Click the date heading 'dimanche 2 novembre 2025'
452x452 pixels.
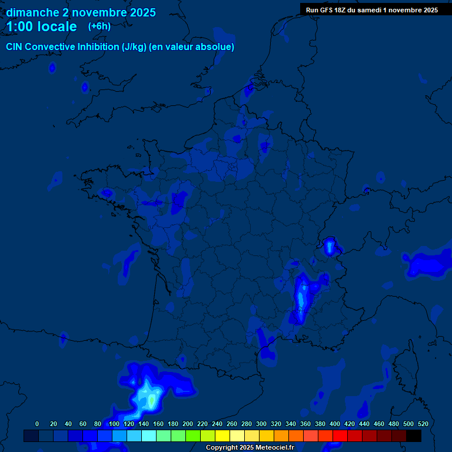click(x=81, y=12)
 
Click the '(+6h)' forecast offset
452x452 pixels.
click(x=99, y=26)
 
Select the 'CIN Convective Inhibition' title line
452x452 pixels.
click(x=120, y=47)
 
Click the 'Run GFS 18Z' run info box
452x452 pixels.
click(x=371, y=10)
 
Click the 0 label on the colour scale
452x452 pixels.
click(x=37, y=424)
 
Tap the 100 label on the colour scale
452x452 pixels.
click(x=114, y=424)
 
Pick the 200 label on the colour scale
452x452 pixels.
click(x=188, y=424)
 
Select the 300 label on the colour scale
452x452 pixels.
click(x=261, y=424)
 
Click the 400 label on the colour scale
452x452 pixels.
click(x=335, y=424)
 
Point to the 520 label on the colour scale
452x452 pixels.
click(x=423, y=424)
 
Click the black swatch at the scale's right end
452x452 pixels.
click(x=414, y=436)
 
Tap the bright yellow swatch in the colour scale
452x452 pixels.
click(x=222, y=436)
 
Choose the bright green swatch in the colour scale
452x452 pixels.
click(x=193, y=436)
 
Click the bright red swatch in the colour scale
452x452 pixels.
click(x=340, y=436)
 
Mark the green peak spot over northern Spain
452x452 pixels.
click(x=152, y=401)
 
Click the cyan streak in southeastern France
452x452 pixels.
click(x=301, y=300)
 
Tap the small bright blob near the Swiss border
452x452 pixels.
click(x=330, y=246)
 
